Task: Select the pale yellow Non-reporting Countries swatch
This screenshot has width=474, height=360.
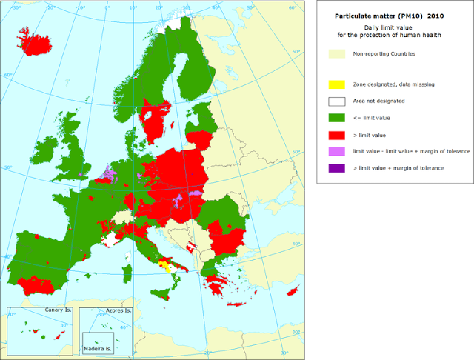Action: pyautogui.click(x=337, y=54)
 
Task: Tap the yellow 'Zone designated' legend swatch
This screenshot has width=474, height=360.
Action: pyautogui.click(x=337, y=84)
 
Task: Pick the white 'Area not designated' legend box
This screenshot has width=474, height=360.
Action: pyautogui.click(x=337, y=101)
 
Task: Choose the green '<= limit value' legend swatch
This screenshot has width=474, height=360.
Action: pyautogui.click(x=337, y=118)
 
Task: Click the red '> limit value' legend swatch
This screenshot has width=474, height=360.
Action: pyautogui.click(x=337, y=135)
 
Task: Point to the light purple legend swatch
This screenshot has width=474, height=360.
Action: pyautogui.click(x=337, y=151)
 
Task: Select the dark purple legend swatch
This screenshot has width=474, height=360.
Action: pyautogui.click(x=337, y=168)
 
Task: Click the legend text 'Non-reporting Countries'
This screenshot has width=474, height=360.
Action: pyautogui.click(x=384, y=54)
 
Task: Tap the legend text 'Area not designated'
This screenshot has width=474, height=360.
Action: pyautogui.click(x=378, y=101)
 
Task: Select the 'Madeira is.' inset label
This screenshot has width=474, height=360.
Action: pyautogui.click(x=97, y=347)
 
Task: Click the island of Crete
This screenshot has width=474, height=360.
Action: pyautogui.click(x=239, y=304)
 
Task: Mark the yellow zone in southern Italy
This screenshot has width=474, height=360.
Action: pyautogui.click(x=170, y=266)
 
